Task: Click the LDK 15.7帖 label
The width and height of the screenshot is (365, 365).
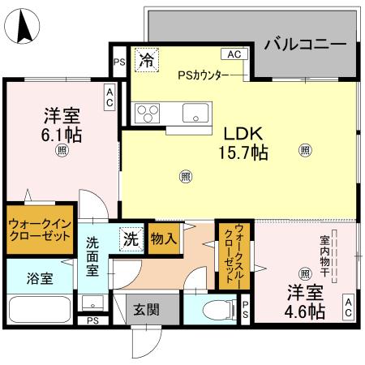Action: pyautogui.click(x=242, y=143)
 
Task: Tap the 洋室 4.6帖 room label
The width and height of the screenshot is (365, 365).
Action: pyautogui.click(x=304, y=301)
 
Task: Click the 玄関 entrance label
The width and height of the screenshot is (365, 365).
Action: pyautogui.click(x=147, y=309)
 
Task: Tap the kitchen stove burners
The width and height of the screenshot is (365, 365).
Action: pyautogui.click(x=149, y=111)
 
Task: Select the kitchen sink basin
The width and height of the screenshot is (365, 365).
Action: pyautogui.click(x=196, y=111)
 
